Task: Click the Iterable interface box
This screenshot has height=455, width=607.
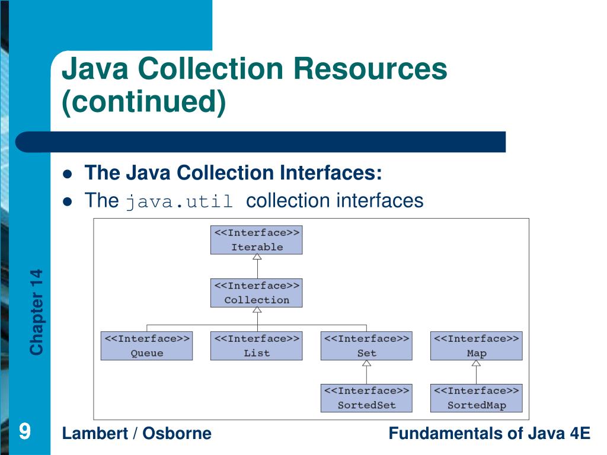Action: pyautogui.click(x=256, y=240)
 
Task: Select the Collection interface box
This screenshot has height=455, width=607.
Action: pyautogui.click(x=256, y=293)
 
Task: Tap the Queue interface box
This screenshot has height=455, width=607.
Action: pyautogui.click(x=146, y=346)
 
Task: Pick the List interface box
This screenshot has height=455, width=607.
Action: pyautogui.click(x=256, y=346)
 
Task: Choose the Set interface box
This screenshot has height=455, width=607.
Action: pyautogui.click(x=366, y=346)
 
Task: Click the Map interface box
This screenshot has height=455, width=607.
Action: pyautogui.click(x=476, y=346)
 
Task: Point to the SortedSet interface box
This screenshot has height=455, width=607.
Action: pyautogui.click(x=366, y=398)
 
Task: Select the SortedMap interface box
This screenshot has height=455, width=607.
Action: pyautogui.click(x=476, y=398)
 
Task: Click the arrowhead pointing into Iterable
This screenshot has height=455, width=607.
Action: pyautogui.click(x=257, y=257)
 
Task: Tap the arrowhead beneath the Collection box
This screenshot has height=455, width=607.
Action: pyautogui.click(x=257, y=310)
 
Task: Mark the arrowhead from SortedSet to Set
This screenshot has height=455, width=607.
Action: pyautogui.click(x=366, y=363)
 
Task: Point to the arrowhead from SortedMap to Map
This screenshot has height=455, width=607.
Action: pyautogui.click(x=476, y=363)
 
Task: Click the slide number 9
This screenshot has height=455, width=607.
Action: pyautogui.click(x=24, y=431)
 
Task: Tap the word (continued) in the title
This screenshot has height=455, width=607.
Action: pyautogui.click(x=144, y=101)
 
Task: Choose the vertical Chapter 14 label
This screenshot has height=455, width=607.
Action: pyautogui.click(x=37, y=312)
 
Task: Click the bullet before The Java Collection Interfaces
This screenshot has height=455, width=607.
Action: pyautogui.click(x=68, y=174)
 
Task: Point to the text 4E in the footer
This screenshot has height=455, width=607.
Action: pyautogui.click(x=580, y=433)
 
